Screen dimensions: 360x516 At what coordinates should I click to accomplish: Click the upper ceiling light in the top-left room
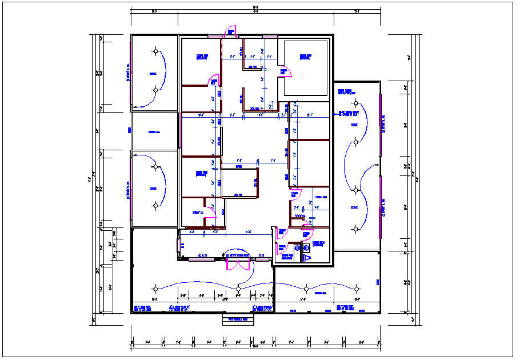pyautogui.click(x=154, y=51)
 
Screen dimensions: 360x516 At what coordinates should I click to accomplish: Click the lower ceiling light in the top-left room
pyautogui.click(x=154, y=90)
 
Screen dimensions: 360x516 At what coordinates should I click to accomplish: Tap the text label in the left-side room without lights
pyautogui.click(x=154, y=132)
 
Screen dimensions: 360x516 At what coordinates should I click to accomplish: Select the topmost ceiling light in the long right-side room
pyautogui.click(x=355, y=103)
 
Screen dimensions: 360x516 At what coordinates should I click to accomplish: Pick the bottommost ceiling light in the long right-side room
pyautogui.click(x=355, y=229)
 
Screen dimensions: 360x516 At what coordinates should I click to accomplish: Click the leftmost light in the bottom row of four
pyautogui.click(x=154, y=287)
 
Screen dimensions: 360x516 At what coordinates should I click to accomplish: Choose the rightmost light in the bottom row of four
pyautogui.click(x=355, y=287)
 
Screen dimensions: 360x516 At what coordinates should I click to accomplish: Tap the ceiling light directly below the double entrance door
pyautogui.click(x=238, y=287)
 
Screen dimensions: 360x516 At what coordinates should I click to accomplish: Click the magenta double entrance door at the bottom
pyautogui.click(x=238, y=262)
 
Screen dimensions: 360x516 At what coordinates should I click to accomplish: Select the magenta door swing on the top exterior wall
pyautogui.click(x=232, y=31)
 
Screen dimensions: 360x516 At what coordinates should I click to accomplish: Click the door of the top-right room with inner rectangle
pyautogui.click(x=285, y=72)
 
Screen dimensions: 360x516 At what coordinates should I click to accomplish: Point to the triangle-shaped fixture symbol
pyautogui.click(x=306, y=258)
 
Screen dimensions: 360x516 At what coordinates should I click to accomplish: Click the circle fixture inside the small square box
pyautogui.click(x=306, y=248)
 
